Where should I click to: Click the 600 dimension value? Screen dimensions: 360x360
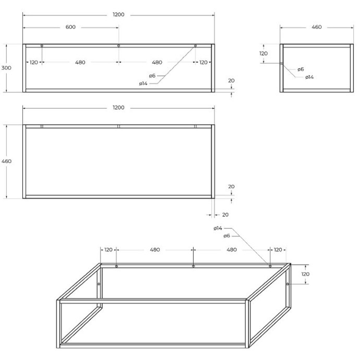point(70,27)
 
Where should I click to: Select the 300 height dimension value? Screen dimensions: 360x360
point(6,68)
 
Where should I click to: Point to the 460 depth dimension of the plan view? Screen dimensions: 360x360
point(6,161)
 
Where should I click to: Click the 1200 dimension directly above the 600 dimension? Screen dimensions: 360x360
point(118,15)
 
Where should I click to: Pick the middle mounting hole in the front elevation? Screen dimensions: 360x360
point(119,46)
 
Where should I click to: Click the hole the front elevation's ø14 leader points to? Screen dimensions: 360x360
point(196,46)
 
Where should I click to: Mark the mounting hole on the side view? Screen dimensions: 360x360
point(282,64)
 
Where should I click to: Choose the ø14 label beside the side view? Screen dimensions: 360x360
point(309,77)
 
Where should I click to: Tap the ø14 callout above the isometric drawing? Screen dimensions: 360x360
point(218,229)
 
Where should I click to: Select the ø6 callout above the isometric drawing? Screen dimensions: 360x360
point(226,236)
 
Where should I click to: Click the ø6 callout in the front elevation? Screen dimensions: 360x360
point(152,76)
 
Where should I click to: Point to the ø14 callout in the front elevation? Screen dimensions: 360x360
point(143,83)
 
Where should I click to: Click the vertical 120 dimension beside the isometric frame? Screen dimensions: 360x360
point(305,274)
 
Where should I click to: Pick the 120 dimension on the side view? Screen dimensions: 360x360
point(263,53)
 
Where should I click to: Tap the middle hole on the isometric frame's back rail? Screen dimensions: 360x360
point(194,267)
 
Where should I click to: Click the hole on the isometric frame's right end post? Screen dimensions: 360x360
point(287,284)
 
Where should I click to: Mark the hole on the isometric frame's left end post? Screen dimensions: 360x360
point(99,284)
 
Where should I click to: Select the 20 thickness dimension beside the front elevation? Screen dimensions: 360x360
point(231,81)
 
